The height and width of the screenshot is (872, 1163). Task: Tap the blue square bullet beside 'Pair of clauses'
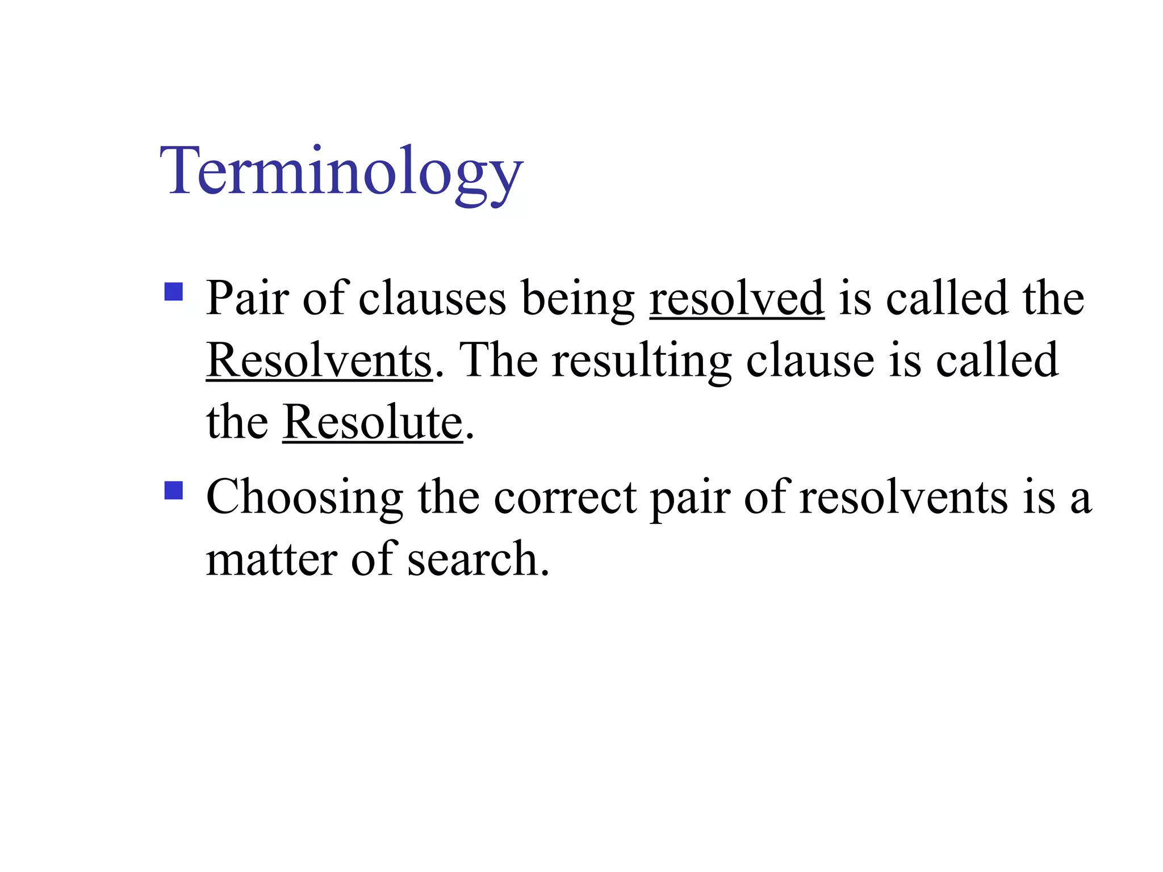pyautogui.click(x=173, y=292)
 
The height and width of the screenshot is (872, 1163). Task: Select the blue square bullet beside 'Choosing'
pyautogui.click(x=173, y=491)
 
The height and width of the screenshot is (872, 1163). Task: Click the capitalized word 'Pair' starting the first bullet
pyautogui.click(x=247, y=299)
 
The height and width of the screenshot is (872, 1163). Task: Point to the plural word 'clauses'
pyautogui.click(x=432, y=299)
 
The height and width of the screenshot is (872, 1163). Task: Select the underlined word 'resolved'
pyautogui.click(x=737, y=299)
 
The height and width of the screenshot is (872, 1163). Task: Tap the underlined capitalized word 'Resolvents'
pyautogui.click(x=319, y=360)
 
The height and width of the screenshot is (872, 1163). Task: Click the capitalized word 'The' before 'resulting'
pyautogui.click(x=498, y=360)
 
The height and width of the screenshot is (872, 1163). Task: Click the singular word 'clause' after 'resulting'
pyautogui.click(x=810, y=360)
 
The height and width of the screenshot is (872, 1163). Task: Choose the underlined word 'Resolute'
pyautogui.click(x=373, y=422)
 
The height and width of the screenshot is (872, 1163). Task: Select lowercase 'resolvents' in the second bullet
pyautogui.click(x=903, y=497)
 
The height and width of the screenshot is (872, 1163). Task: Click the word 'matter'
pyautogui.click(x=271, y=560)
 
